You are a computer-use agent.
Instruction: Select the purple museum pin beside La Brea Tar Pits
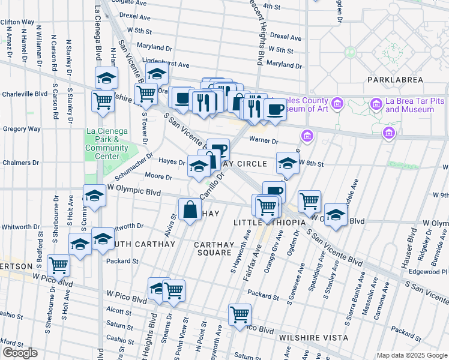pyautogui.click(x=376, y=104)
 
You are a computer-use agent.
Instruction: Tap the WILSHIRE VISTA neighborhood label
pyautogui.click(x=310, y=338)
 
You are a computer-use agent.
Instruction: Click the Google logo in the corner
pyautogui.click(x=20, y=353)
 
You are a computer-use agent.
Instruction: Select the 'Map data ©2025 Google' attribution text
pyautogui.click(x=412, y=355)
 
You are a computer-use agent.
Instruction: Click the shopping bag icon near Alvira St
pyautogui.click(x=190, y=210)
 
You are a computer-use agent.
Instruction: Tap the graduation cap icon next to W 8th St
pyautogui.click(x=288, y=163)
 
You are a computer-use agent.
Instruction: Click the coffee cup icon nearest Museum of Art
pyautogui.click(x=275, y=110)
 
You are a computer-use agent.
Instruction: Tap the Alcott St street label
pyautogui.click(x=118, y=312)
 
